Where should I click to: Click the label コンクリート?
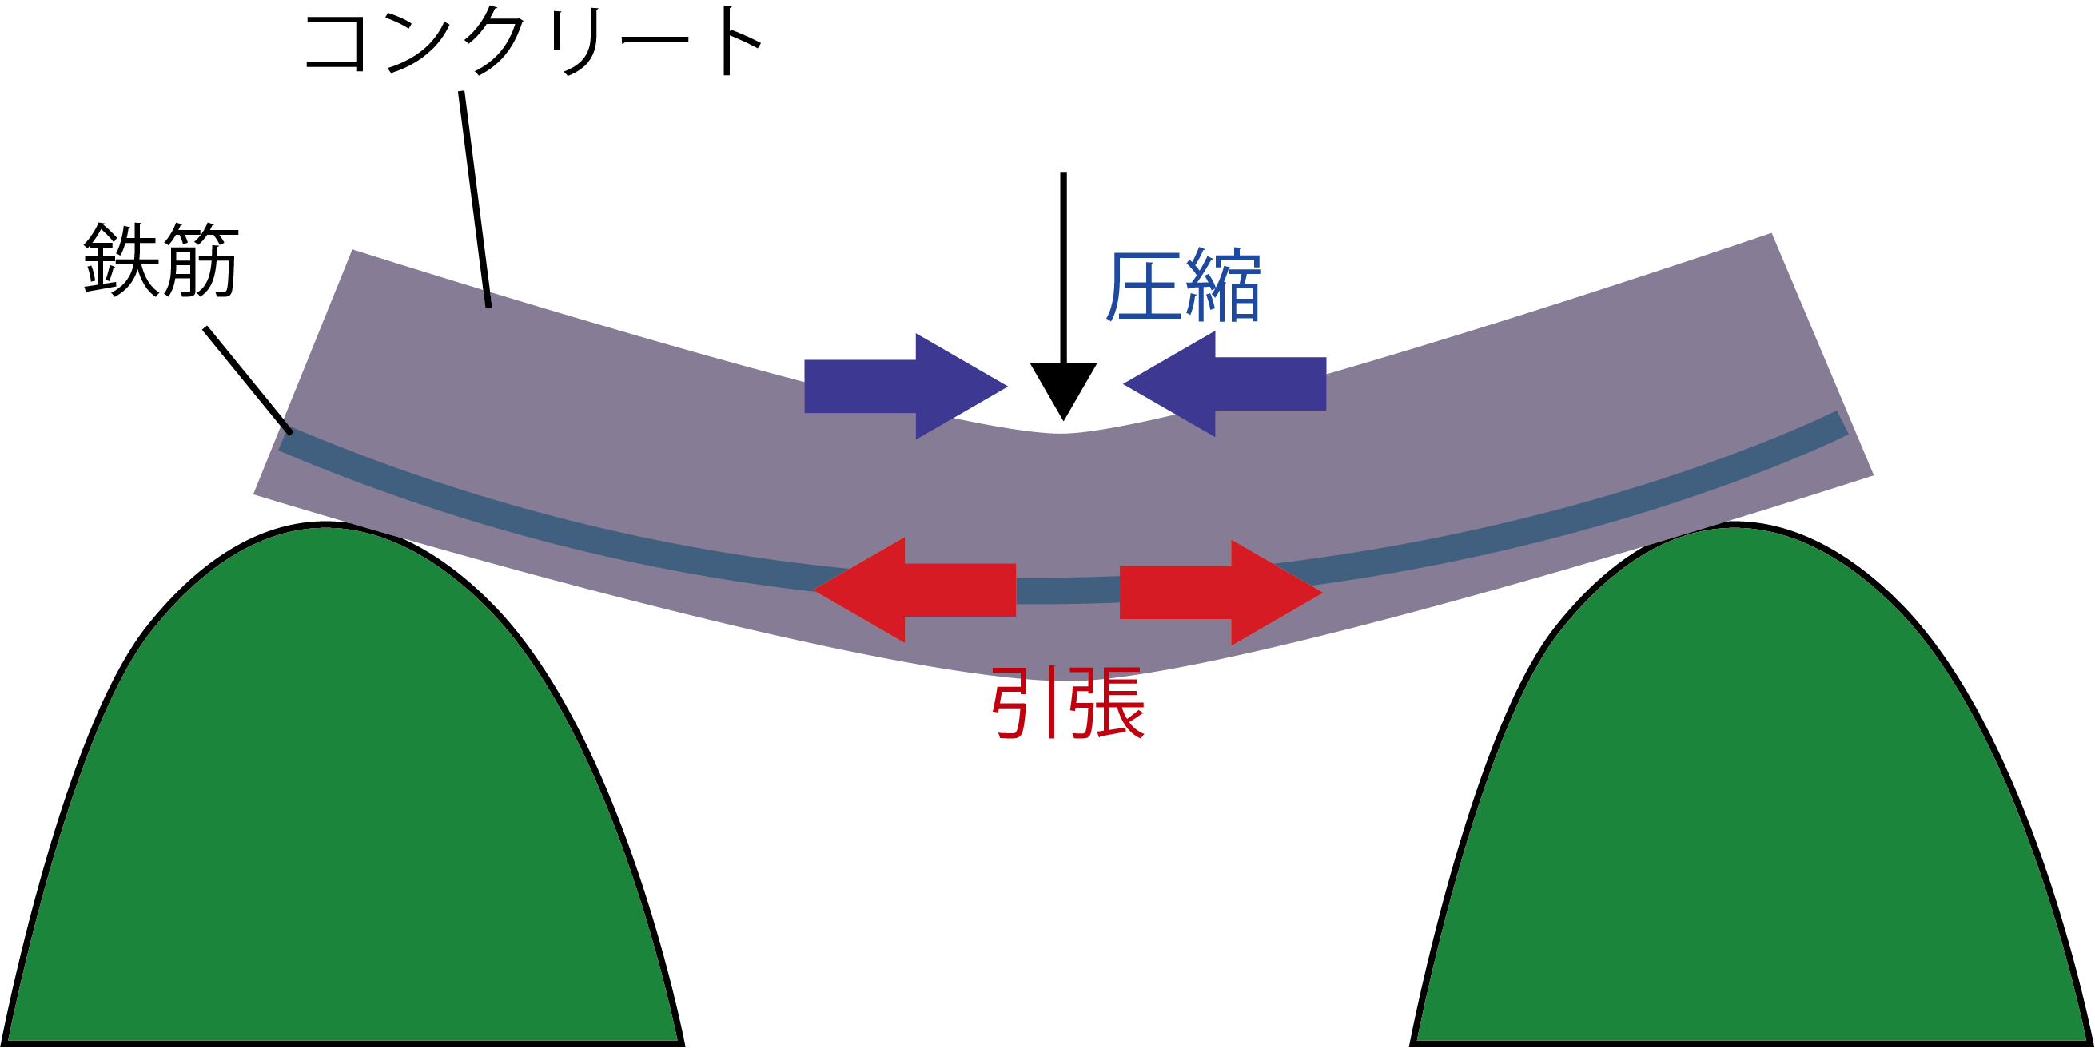point(532,42)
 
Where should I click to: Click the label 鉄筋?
point(161,260)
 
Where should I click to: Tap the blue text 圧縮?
point(1182,286)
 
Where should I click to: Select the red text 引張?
point(1068,703)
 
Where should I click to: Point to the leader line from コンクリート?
point(475,199)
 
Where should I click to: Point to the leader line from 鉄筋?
point(247,379)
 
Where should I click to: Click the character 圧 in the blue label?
point(1142,286)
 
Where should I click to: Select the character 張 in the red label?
point(1107,703)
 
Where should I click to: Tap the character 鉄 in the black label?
point(121,260)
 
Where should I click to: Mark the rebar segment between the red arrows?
point(1067,590)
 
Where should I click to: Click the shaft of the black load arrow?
point(1063,268)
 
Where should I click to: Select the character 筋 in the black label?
point(200,260)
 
